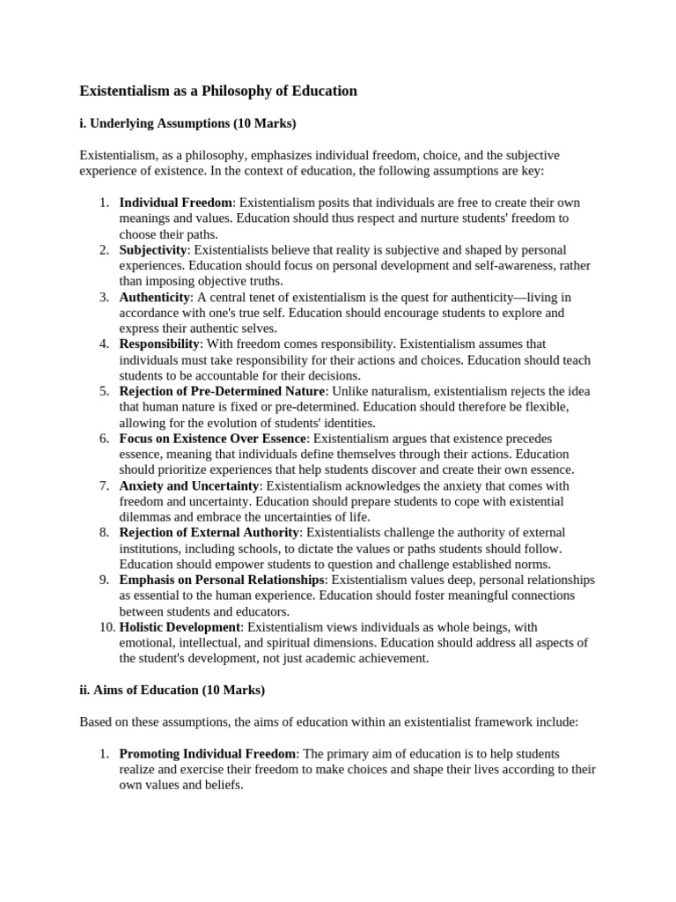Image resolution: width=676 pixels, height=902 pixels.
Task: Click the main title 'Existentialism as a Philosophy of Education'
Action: (218, 91)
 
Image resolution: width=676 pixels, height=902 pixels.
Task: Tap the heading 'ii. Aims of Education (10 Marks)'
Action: (172, 690)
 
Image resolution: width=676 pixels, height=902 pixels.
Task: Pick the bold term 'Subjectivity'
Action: (154, 250)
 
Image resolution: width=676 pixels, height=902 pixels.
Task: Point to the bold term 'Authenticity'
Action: (155, 297)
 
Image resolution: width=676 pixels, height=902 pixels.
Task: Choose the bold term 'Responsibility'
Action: (160, 344)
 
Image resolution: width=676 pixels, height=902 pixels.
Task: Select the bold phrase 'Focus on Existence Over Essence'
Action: (213, 438)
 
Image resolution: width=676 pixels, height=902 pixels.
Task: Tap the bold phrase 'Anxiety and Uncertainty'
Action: (189, 485)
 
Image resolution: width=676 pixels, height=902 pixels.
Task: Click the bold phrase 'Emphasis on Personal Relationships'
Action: (222, 580)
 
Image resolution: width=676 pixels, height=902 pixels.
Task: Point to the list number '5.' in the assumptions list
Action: (104, 391)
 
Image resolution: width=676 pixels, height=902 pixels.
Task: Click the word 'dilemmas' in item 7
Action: (146, 517)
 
